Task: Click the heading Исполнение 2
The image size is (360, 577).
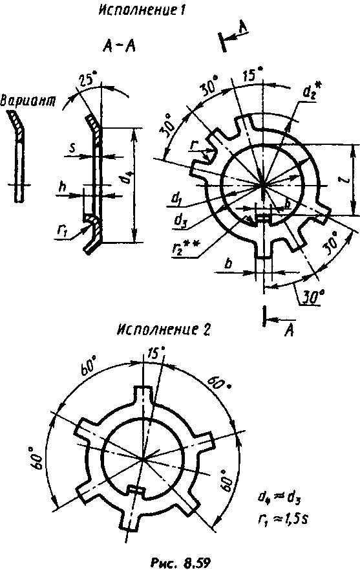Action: pyautogui.click(x=164, y=330)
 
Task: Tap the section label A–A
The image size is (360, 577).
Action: pyautogui.click(x=119, y=47)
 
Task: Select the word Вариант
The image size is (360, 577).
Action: pyautogui.click(x=28, y=100)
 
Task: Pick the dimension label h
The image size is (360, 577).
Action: pyautogui.click(x=63, y=186)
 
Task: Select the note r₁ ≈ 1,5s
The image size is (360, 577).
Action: pyautogui.click(x=282, y=519)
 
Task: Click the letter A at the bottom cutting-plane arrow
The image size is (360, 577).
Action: pyautogui.click(x=290, y=332)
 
